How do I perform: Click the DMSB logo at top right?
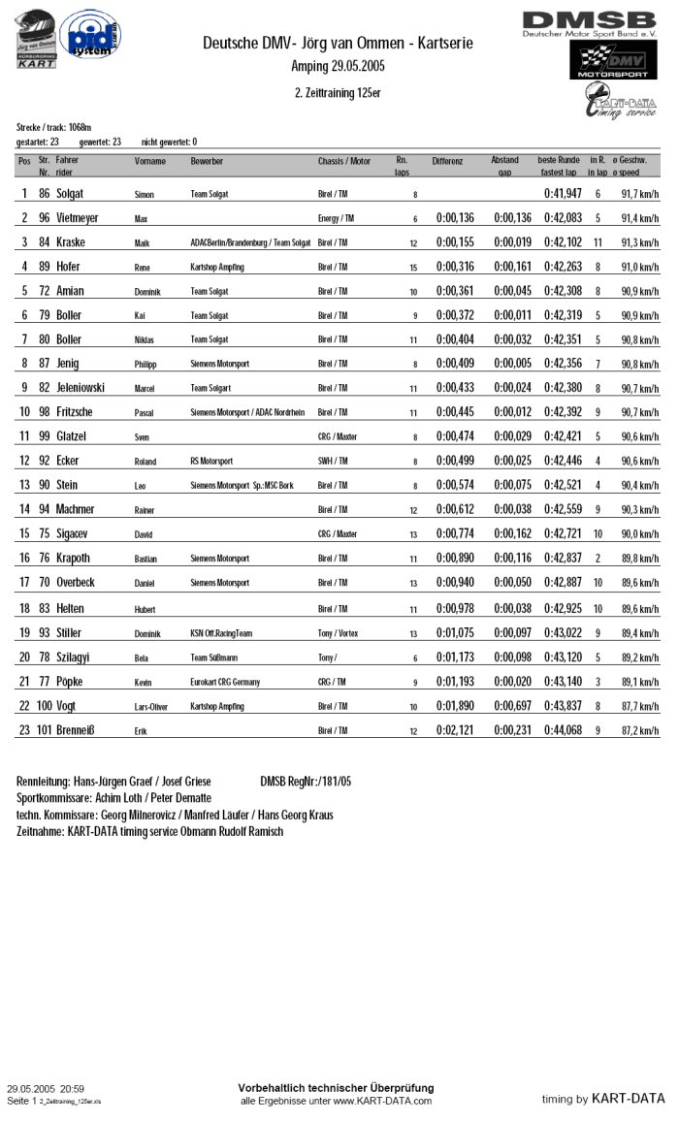point(589,23)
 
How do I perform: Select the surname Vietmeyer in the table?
point(77,218)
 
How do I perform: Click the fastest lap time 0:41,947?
point(563,194)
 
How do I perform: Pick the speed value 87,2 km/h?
point(640,730)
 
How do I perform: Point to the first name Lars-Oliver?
point(150,707)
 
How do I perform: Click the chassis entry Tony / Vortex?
point(338,633)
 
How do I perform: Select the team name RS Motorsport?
point(211,462)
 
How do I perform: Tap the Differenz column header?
point(447,161)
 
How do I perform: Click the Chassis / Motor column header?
point(343,161)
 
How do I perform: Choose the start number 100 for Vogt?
point(45,706)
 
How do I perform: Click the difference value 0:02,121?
point(455,730)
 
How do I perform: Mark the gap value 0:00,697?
point(512,706)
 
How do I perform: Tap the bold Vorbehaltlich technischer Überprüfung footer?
point(336,1088)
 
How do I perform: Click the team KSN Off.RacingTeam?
point(221,633)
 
